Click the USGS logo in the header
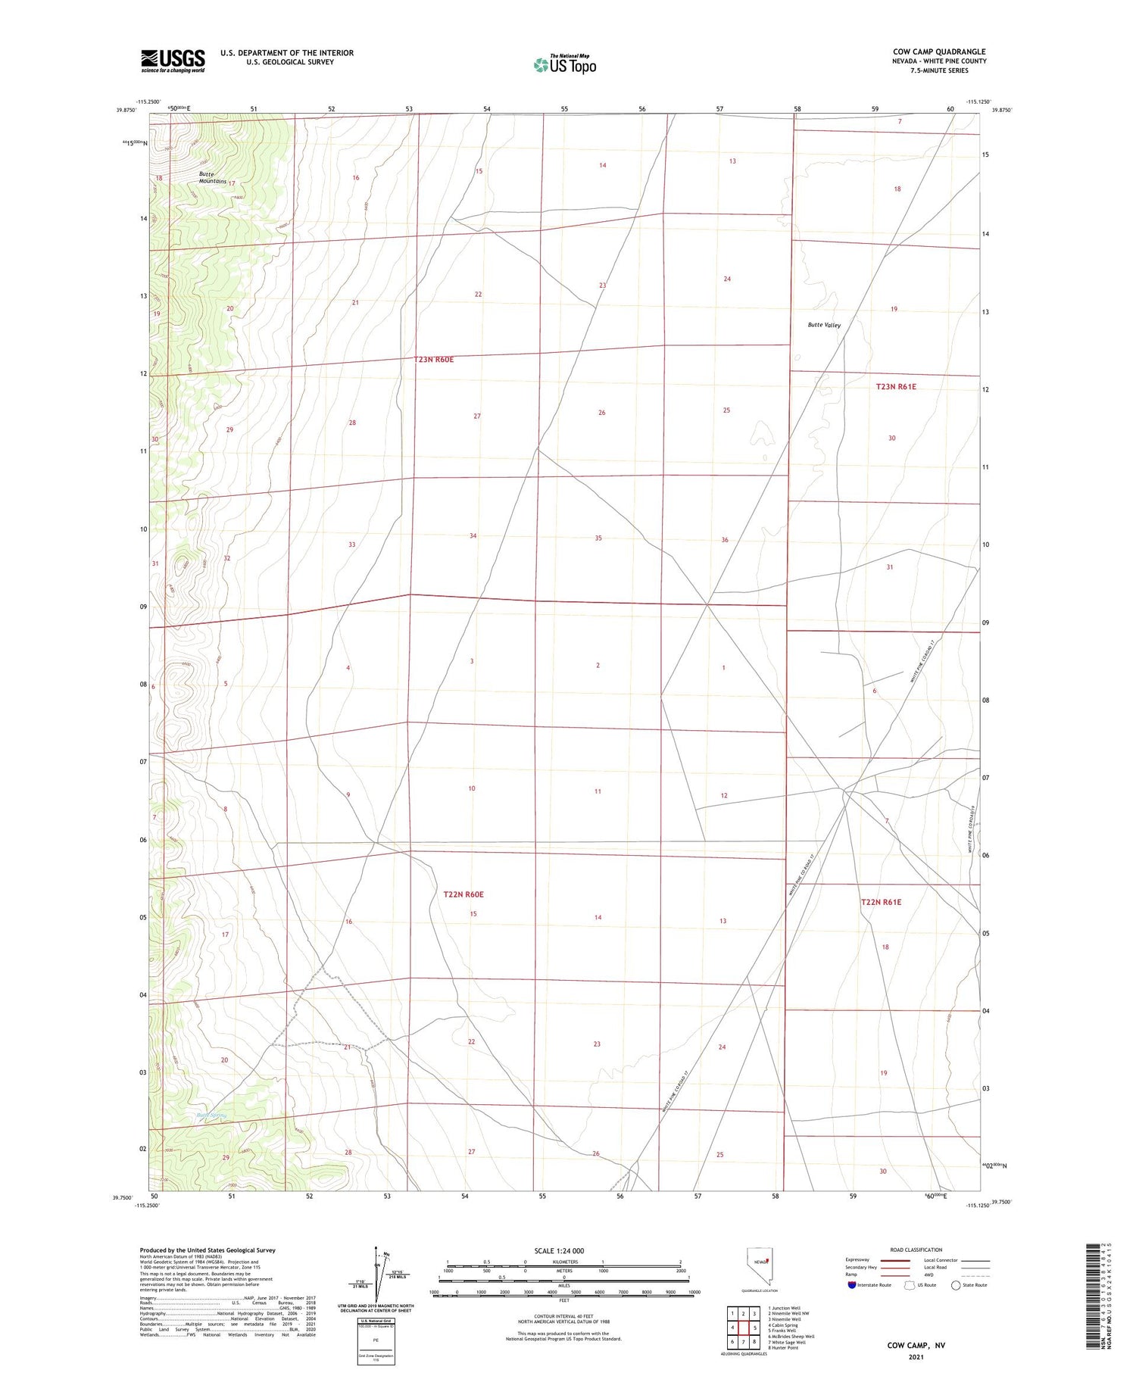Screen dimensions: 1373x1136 [x=173, y=61]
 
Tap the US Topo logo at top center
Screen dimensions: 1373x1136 [x=564, y=65]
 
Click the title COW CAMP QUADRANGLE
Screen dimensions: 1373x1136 [x=938, y=51]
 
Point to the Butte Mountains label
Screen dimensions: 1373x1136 [x=212, y=178]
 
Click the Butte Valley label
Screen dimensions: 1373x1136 [x=823, y=325]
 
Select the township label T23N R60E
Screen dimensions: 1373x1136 [x=434, y=360]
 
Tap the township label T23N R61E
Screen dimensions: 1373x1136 [x=896, y=387]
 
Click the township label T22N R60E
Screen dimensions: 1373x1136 [x=463, y=894]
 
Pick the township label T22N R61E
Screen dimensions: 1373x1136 [x=881, y=902]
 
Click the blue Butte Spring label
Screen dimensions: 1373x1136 [x=211, y=1116]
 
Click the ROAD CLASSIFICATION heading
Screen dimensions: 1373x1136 [x=916, y=1250]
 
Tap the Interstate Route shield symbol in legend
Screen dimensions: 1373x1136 [x=852, y=1285]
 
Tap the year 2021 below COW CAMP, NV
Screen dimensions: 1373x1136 [x=916, y=1356]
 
